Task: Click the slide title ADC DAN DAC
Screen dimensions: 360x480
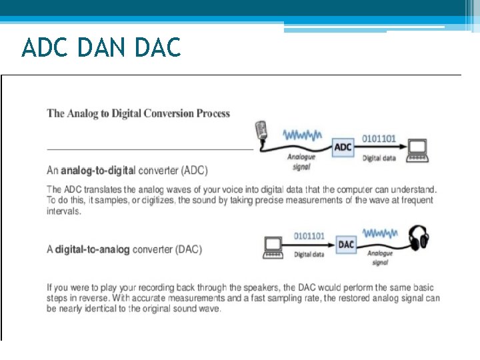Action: pos(101,48)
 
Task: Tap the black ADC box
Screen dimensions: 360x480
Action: pos(343,147)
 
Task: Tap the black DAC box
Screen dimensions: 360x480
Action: pos(346,245)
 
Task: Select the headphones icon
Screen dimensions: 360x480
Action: pos(419,238)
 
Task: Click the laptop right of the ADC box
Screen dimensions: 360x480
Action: pos(418,150)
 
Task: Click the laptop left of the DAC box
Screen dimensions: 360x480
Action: pos(273,248)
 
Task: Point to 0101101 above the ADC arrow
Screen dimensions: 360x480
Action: pos(379,139)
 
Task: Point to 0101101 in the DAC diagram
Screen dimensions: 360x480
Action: pos(309,236)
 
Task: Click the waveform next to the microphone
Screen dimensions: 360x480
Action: pos(303,135)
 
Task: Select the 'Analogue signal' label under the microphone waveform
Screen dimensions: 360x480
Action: pos(301,162)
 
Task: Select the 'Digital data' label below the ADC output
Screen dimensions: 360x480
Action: pos(379,158)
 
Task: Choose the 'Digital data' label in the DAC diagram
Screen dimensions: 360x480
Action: pos(309,254)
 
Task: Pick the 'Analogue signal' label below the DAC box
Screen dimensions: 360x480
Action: pos(380,258)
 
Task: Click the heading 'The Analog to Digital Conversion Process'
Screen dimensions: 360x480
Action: pos(138,113)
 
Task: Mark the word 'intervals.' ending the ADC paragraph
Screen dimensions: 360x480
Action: pos(64,211)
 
